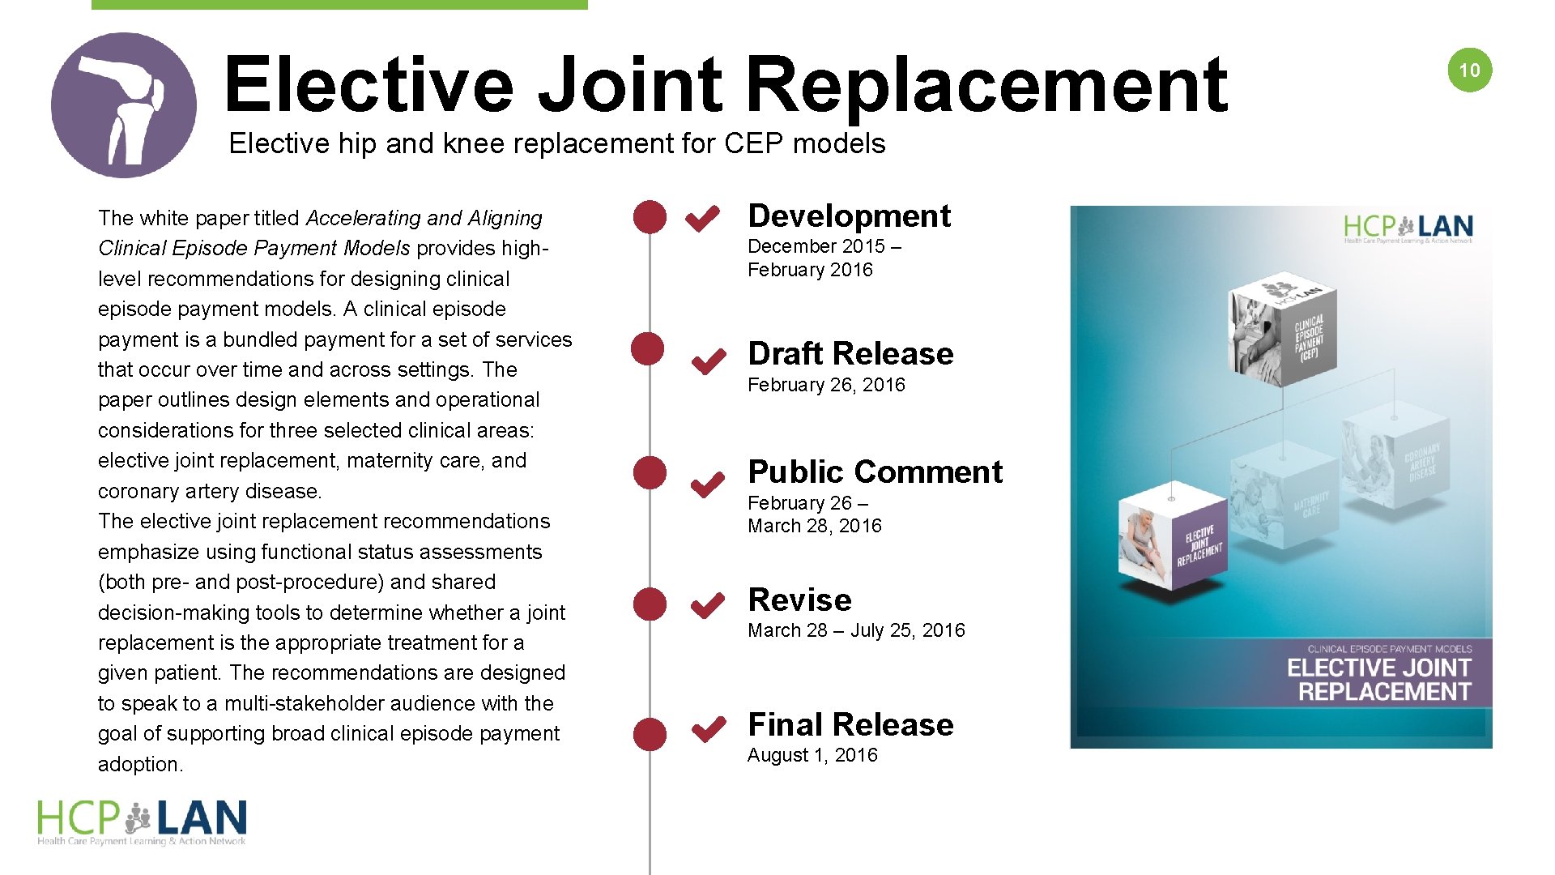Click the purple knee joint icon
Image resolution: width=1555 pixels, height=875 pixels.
coord(123,105)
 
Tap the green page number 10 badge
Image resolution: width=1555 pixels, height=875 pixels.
coord(1469,70)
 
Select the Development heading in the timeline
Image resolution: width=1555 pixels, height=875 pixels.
coord(849,216)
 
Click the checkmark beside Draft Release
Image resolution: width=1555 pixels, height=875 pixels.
coord(709,361)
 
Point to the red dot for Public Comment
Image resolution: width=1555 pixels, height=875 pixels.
coord(650,472)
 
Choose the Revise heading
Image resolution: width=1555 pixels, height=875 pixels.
coord(799,600)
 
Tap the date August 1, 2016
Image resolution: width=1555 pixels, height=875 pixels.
coord(812,755)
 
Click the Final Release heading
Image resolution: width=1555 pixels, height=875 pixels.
coord(850,724)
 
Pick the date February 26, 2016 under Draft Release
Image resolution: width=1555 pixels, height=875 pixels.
coord(826,385)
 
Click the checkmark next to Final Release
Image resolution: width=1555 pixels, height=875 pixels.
coord(709,729)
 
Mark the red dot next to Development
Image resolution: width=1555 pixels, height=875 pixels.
coord(650,217)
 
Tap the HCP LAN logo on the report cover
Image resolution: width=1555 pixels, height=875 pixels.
coord(1408,228)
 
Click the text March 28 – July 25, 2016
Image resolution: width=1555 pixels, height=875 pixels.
coord(856,630)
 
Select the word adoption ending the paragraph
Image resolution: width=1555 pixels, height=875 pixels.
coord(139,764)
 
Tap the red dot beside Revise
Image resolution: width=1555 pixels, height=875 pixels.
coord(650,604)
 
